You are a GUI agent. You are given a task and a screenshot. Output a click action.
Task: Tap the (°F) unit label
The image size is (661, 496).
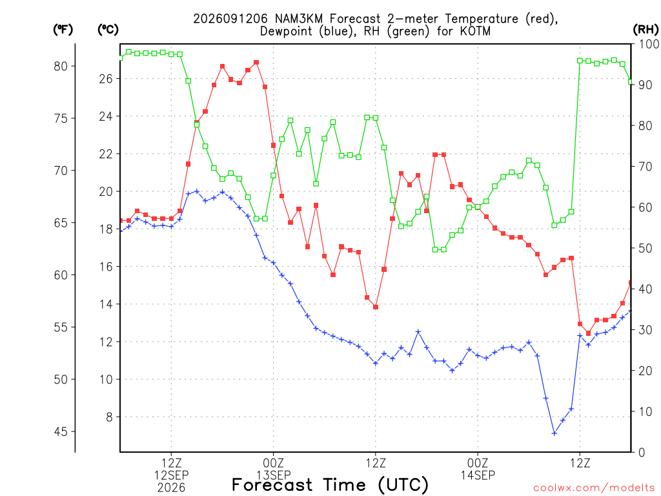click(63, 30)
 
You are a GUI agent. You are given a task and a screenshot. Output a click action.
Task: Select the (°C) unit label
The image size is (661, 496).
click(108, 30)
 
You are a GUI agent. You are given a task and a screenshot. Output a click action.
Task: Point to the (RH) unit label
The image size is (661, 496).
click(646, 30)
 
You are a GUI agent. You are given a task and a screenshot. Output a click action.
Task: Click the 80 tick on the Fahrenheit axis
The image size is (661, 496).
click(61, 67)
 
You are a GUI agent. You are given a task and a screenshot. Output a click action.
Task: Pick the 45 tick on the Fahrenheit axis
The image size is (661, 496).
click(61, 431)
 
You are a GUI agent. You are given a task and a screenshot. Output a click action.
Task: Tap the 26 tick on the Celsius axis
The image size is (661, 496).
click(106, 79)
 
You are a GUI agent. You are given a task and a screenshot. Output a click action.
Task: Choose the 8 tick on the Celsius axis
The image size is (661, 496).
click(110, 417)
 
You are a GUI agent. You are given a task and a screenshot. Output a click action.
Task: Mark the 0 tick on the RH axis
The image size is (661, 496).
click(642, 453)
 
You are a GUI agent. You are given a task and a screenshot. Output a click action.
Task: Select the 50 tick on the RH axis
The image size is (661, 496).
click(646, 249)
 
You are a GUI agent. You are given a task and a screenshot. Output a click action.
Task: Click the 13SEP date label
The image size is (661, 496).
click(274, 475)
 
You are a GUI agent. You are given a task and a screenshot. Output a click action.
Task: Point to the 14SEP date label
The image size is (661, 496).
click(478, 475)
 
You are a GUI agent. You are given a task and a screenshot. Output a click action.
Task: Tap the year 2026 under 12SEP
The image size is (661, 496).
click(171, 488)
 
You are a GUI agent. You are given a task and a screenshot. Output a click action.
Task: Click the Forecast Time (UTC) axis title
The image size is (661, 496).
click(330, 485)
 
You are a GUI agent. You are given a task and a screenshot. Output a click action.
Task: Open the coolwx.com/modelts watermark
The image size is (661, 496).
click(594, 488)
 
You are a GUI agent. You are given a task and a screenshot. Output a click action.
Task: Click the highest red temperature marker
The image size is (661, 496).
click(256, 63)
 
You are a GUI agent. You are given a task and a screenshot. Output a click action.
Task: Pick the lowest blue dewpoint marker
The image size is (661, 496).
click(554, 433)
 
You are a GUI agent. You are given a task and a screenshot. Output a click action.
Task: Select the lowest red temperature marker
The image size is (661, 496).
click(589, 333)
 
